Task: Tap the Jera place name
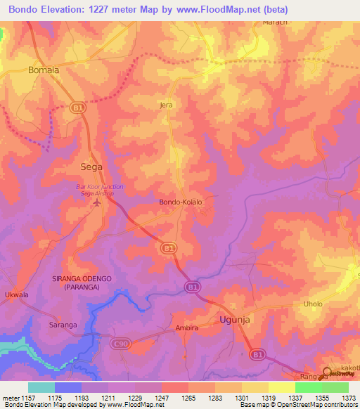tap(166, 105)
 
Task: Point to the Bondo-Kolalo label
tap(181, 202)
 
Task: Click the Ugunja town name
tap(235, 319)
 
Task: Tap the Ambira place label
tap(188, 328)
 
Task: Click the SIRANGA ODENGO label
tap(82, 279)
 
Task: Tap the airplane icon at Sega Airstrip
tap(96, 204)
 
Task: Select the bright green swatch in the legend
tap(308, 387)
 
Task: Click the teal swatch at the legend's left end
tap(41, 387)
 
